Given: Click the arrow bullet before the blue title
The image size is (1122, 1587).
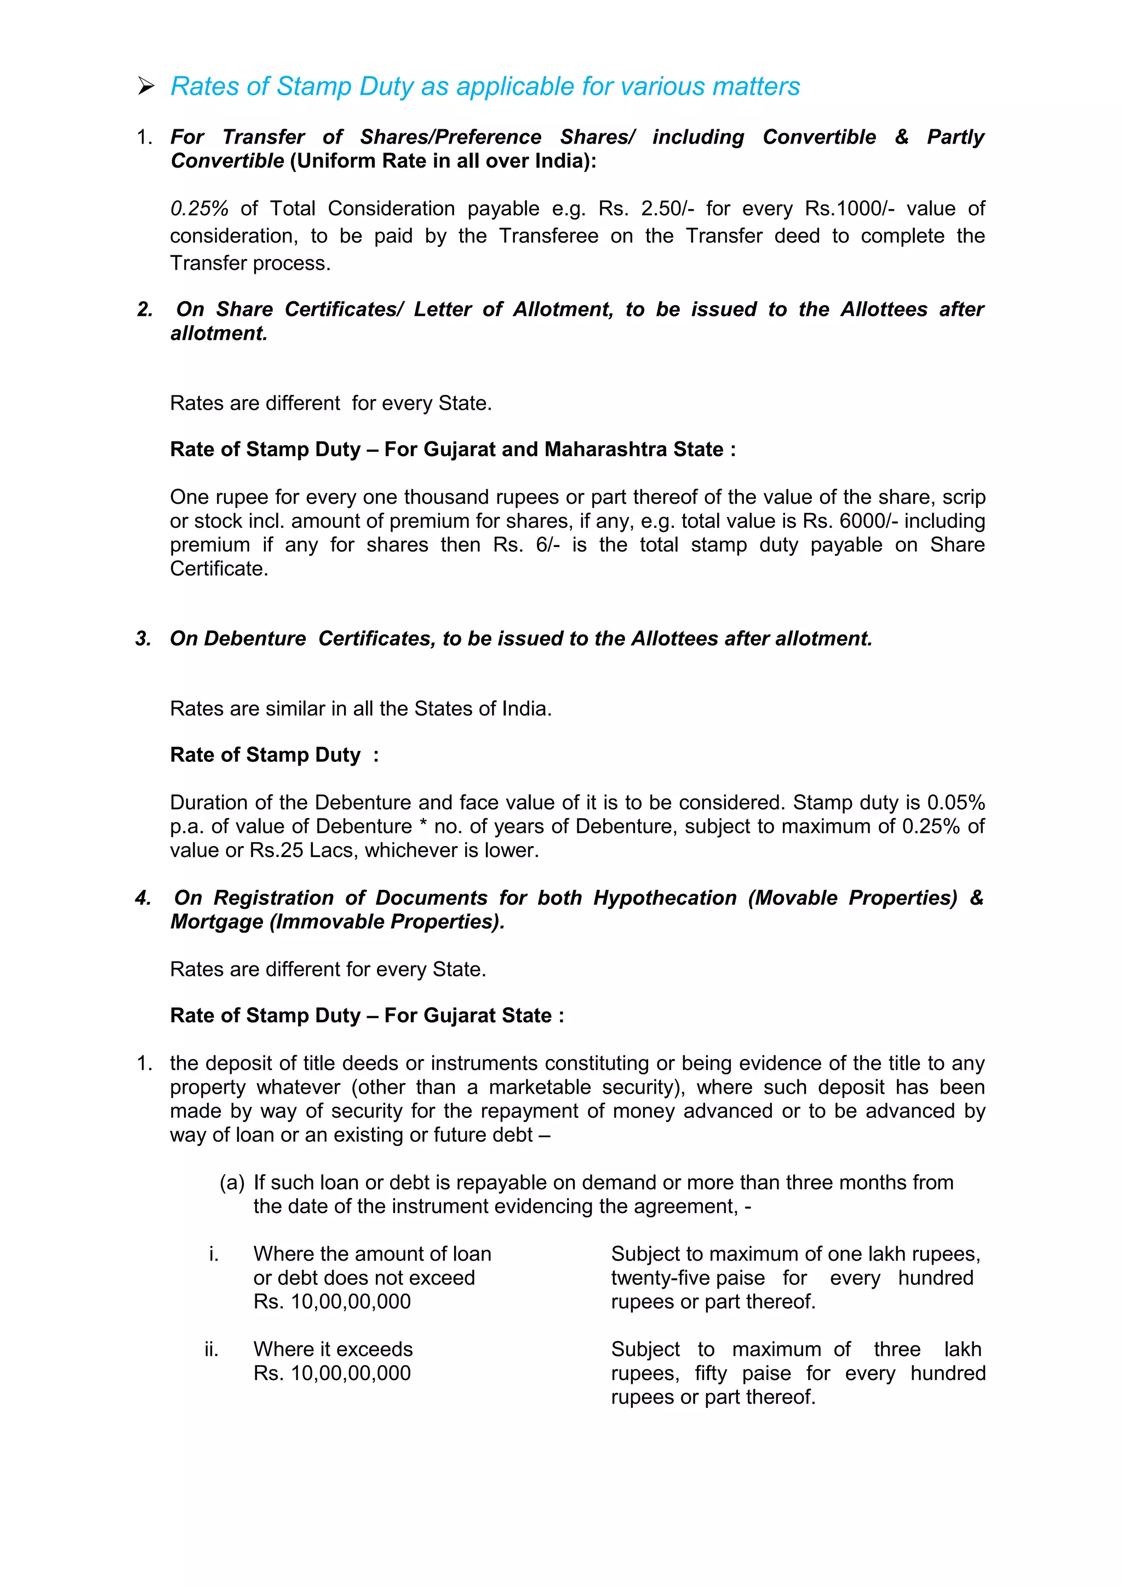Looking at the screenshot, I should click(x=145, y=87).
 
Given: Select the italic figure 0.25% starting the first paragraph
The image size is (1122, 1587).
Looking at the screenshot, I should click(x=199, y=209).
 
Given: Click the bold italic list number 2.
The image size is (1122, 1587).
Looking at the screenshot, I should click(x=145, y=309).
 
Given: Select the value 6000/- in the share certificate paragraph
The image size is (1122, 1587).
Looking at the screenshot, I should click(x=868, y=521).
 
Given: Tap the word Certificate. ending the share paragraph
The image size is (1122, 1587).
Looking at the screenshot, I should click(x=219, y=569).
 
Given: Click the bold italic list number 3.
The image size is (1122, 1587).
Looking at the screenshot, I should click(x=143, y=639).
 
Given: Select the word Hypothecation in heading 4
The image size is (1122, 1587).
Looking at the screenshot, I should click(x=665, y=898).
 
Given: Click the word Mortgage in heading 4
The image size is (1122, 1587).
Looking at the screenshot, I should click(x=217, y=922).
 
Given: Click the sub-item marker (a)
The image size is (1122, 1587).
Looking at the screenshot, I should click(x=232, y=1183).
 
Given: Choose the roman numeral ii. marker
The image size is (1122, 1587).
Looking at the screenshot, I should click(x=211, y=1349).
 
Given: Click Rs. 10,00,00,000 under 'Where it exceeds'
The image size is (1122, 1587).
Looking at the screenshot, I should click(x=332, y=1373).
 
